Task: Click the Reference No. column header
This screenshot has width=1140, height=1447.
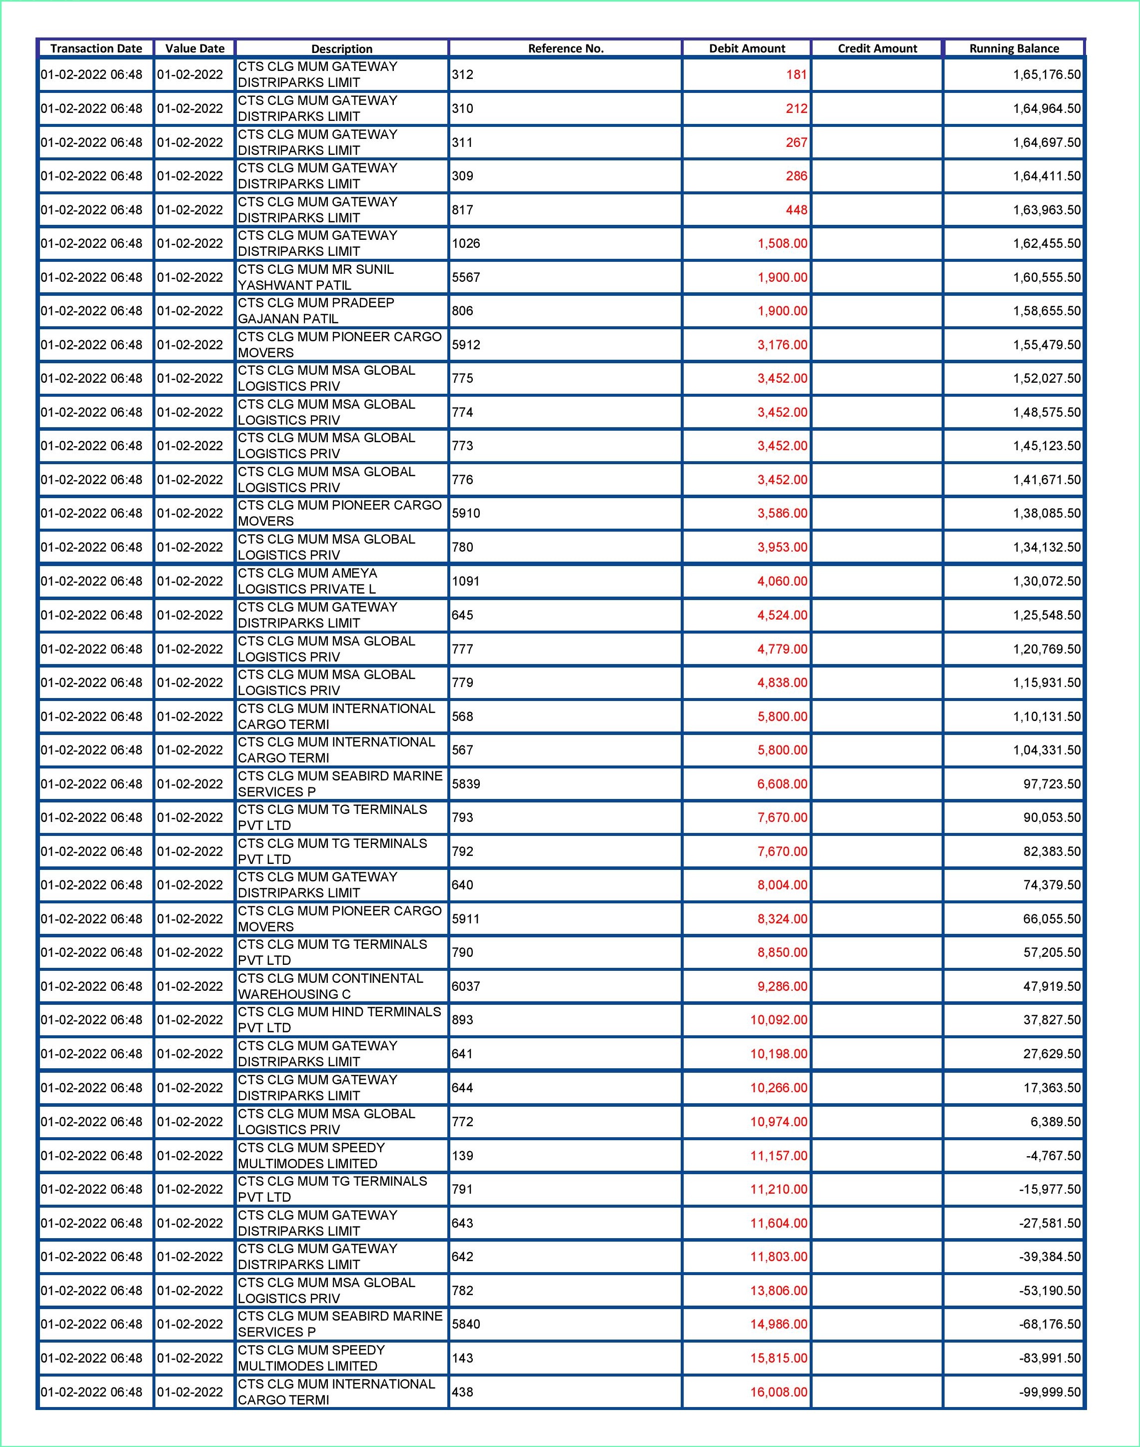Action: click(565, 48)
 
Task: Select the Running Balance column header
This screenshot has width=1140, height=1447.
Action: click(1014, 48)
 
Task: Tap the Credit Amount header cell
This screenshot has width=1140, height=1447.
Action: click(877, 48)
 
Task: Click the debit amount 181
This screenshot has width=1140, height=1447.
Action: click(796, 75)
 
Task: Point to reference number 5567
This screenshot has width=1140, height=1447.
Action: click(466, 277)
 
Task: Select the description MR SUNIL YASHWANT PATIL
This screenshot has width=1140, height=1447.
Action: click(316, 277)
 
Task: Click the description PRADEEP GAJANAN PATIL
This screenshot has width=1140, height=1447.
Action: click(316, 311)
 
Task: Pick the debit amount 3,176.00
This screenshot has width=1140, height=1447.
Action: click(782, 345)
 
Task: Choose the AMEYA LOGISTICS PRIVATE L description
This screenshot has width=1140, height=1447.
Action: click(307, 581)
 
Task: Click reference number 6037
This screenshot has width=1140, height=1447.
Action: click(466, 986)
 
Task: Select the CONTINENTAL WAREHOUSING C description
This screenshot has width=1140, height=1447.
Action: click(330, 986)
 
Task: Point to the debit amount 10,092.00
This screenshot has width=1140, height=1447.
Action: click(778, 1020)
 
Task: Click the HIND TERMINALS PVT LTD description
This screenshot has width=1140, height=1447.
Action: click(339, 1020)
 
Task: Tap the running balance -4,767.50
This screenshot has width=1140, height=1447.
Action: click(1053, 1156)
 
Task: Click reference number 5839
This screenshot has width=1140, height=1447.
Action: click(466, 784)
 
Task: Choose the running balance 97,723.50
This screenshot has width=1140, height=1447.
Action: click(1052, 784)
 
